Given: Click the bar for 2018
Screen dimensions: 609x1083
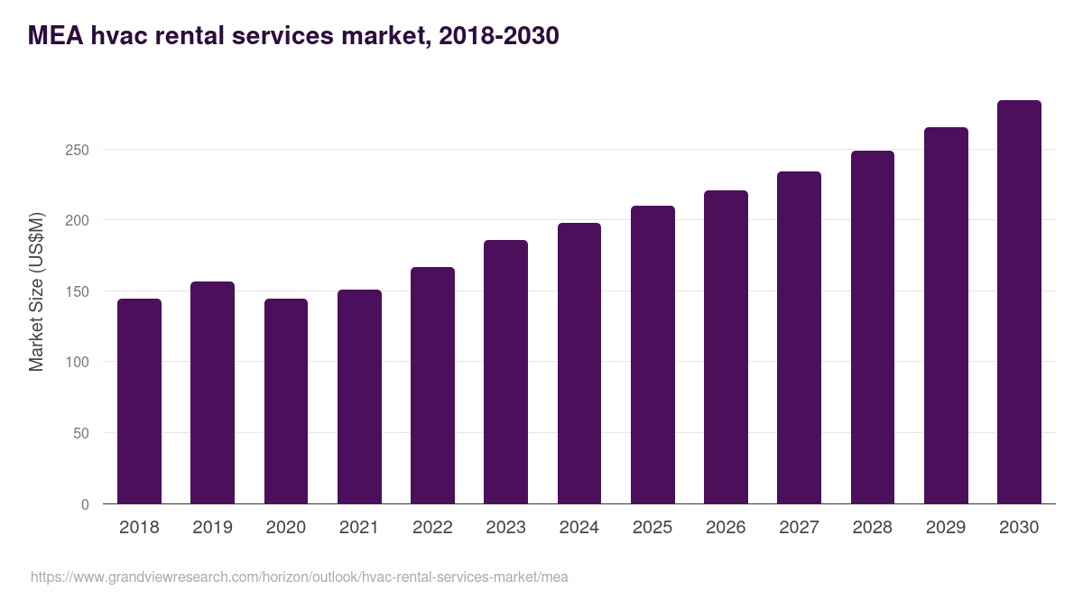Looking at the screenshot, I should click(x=139, y=401).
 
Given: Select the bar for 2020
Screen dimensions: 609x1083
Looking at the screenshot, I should click(x=286, y=401).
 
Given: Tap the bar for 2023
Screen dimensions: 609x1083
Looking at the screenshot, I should click(x=505, y=372).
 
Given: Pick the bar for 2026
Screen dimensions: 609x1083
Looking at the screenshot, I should click(x=726, y=347).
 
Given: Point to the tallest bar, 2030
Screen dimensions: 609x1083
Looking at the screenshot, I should click(x=1019, y=302).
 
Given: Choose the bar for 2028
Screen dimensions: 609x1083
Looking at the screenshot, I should click(x=872, y=328).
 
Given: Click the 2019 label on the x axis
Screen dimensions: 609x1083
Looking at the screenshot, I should click(x=212, y=528).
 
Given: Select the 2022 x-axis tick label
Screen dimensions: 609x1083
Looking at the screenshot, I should click(x=432, y=528).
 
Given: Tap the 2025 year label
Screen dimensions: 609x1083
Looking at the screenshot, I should click(x=653, y=528).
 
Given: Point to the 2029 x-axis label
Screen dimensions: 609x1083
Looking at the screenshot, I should click(x=946, y=528).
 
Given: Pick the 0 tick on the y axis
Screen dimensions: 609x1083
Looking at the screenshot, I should click(x=85, y=504).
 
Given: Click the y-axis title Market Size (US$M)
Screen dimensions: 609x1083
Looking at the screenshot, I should click(x=36, y=292).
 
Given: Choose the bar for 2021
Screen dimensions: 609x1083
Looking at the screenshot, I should click(x=359, y=397).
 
